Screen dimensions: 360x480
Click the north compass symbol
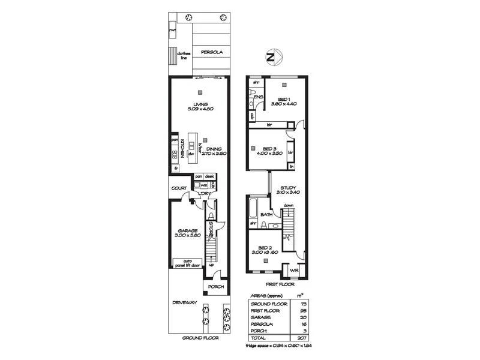click(x=271, y=58)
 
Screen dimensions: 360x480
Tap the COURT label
click(x=179, y=188)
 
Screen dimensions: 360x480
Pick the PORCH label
click(x=215, y=287)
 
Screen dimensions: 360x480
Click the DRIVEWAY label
click(x=185, y=302)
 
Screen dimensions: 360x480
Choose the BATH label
click(x=266, y=214)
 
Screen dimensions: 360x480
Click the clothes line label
click(x=182, y=55)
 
